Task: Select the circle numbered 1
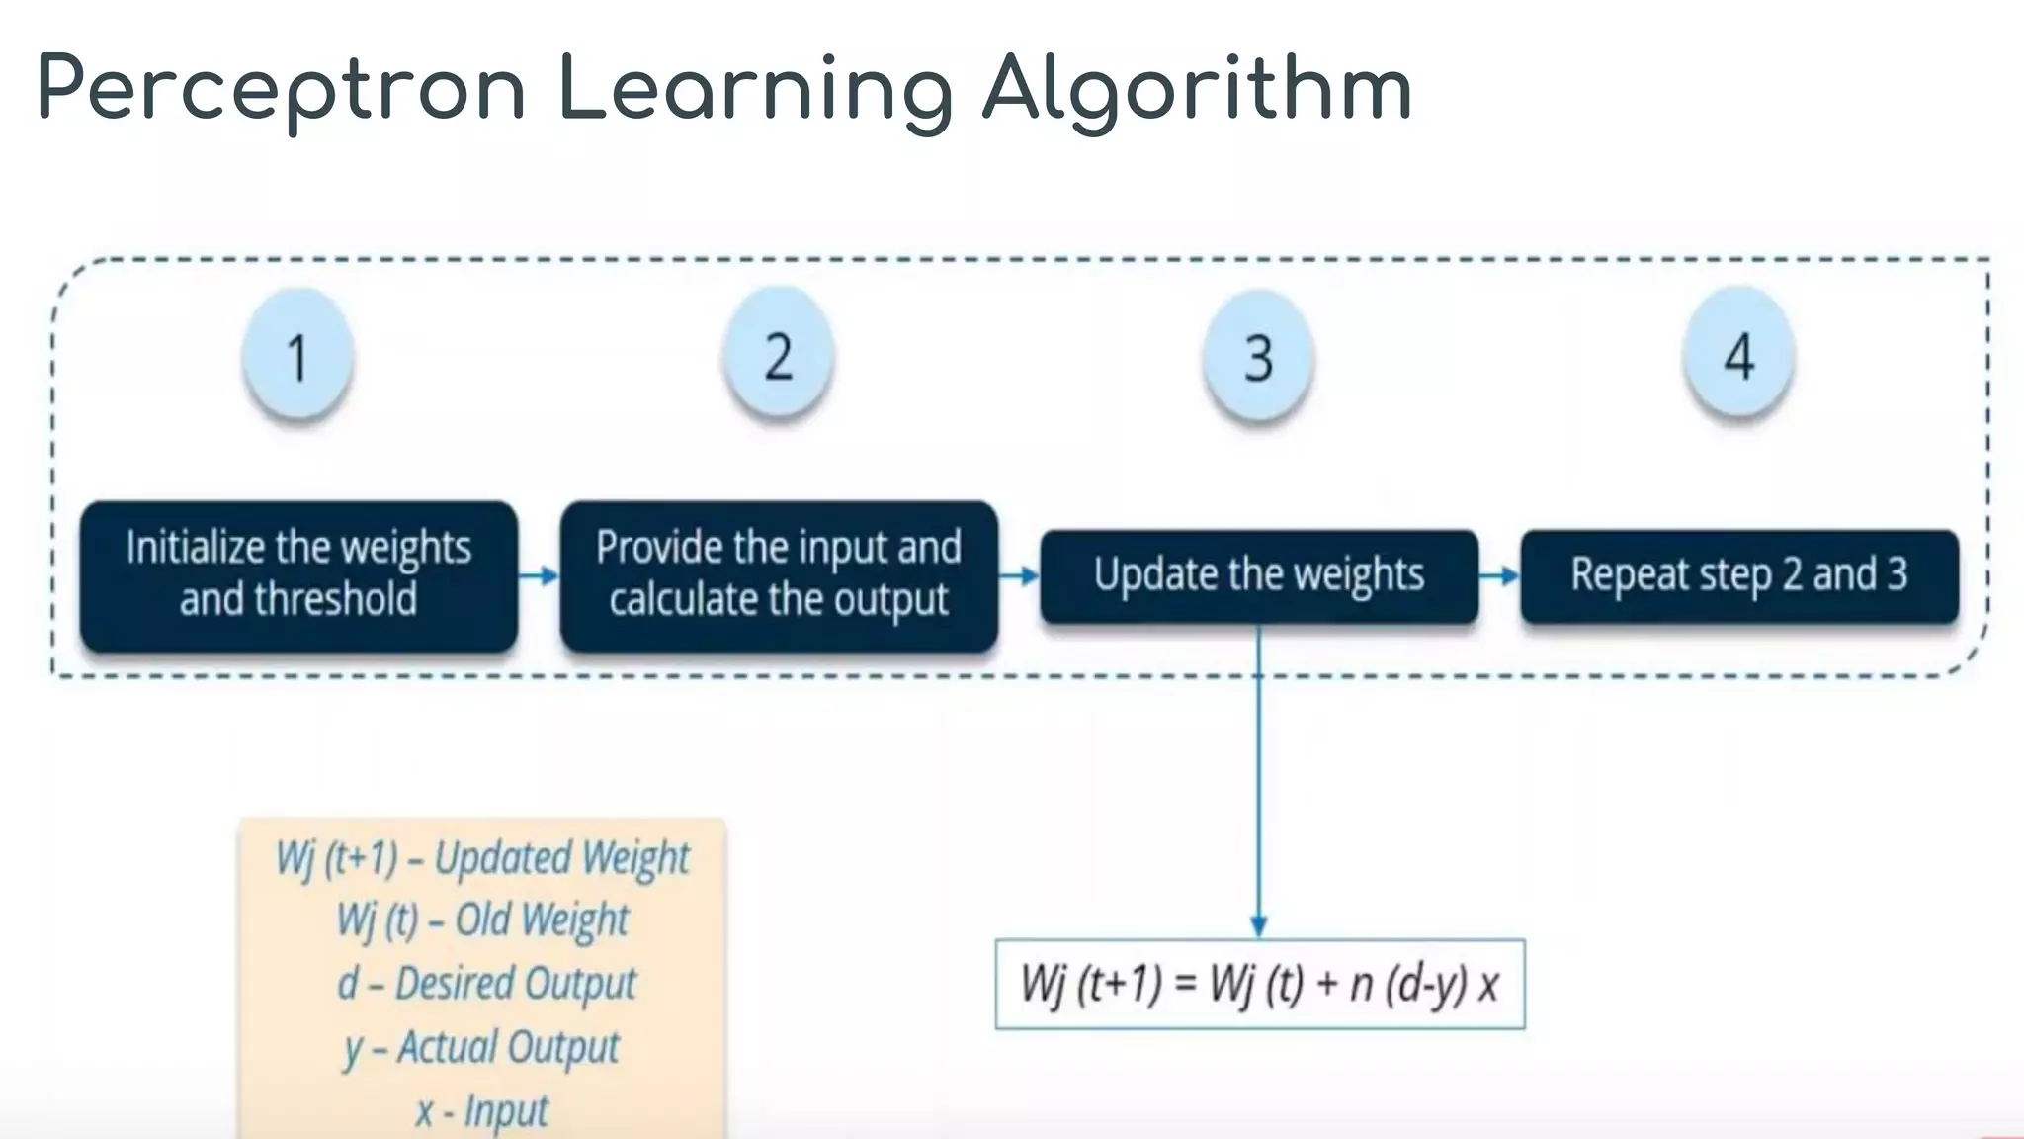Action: (x=297, y=356)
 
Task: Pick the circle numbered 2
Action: (x=779, y=356)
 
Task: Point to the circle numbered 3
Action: (x=1258, y=357)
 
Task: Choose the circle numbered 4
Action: (x=1739, y=356)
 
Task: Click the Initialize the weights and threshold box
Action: (x=298, y=575)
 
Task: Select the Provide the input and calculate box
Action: (x=779, y=575)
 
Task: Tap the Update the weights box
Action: (x=1259, y=576)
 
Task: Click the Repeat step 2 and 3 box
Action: (x=1739, y=576)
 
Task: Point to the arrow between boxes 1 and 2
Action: (x=539, y=575)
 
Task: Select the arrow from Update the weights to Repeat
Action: (x=1499, y=575)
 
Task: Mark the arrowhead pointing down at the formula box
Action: (x=1258, y=925)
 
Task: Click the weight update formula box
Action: (x=1260, y=985)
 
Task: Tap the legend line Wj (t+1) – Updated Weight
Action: (x=482, y=858)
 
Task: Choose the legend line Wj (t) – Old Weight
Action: (x=482, y=920)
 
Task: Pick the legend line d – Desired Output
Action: (x=486, y=984)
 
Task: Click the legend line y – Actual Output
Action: (x=481, y=1047)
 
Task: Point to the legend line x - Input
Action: (x=481, y=1110)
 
